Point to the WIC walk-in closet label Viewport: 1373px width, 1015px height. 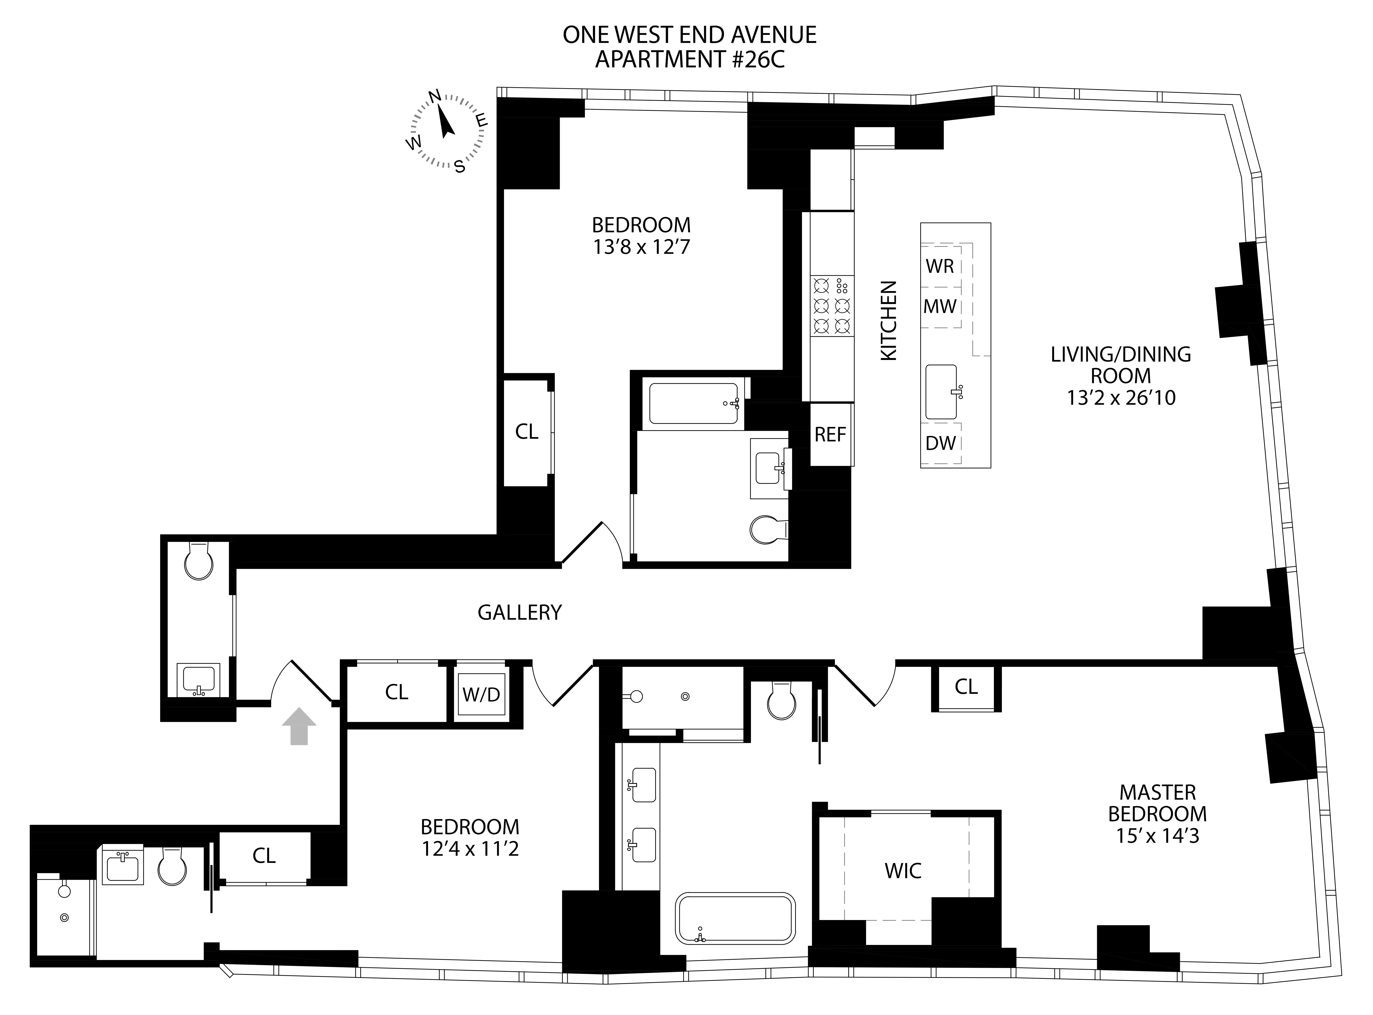903,871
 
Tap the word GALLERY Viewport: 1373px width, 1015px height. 519,612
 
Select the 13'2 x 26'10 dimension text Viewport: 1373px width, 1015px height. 1121,398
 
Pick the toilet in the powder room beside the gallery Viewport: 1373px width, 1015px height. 198,561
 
